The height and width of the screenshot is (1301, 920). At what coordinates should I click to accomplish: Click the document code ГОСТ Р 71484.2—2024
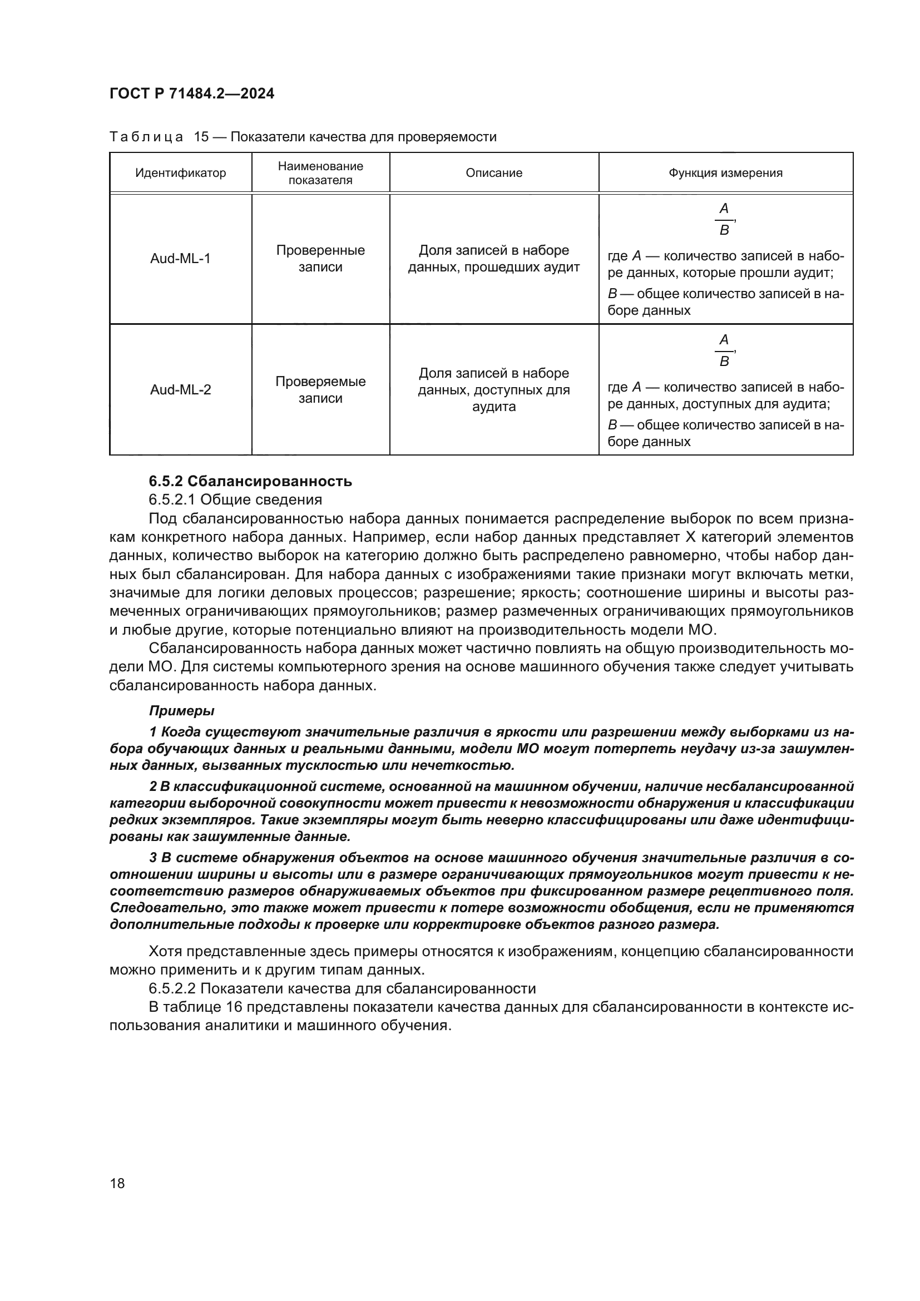pyautogui.click(x=191, y=94)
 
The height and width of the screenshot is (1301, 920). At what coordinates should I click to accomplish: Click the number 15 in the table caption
pyautogui.click(x=202, y=137)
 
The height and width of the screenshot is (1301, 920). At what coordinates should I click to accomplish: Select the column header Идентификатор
pyautogui.click(x=180, y=173)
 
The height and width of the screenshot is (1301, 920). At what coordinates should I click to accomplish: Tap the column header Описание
pyautogui.click(x=493, y=173)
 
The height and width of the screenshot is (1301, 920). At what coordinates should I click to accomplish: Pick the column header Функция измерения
pyautogui.click(x=725, y=173)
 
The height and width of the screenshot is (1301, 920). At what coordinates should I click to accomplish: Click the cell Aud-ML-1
pyautogui.click(x=180, y=259)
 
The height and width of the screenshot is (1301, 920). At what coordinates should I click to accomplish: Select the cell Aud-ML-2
pyautogui.click(x=180, y=390)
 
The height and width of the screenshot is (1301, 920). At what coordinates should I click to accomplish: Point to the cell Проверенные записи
pyautogui.click(x=320, y=259)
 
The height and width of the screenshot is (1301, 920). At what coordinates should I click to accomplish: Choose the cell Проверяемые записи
pyautogui.click(x=320, y=390)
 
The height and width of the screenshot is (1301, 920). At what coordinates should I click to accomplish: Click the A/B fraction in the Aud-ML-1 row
pyautogui.click(x=724, y=219)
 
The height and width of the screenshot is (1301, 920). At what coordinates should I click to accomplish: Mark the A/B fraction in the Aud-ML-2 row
pyautogui.click(x=724, y=351)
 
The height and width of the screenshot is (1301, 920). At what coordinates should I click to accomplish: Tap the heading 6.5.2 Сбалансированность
pyautogui.click(x=250, y=481)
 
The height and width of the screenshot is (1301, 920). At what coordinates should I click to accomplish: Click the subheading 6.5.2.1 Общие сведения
pyautogui.click(x=235, y=500)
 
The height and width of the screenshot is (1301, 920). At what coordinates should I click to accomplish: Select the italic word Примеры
pyautogui.click(x=181, y=710)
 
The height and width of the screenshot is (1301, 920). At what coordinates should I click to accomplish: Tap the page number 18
pyautogui.click(x=117, y=1183)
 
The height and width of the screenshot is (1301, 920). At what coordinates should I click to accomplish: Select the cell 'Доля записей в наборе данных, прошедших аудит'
pyautogui.click(x=493, y=259)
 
